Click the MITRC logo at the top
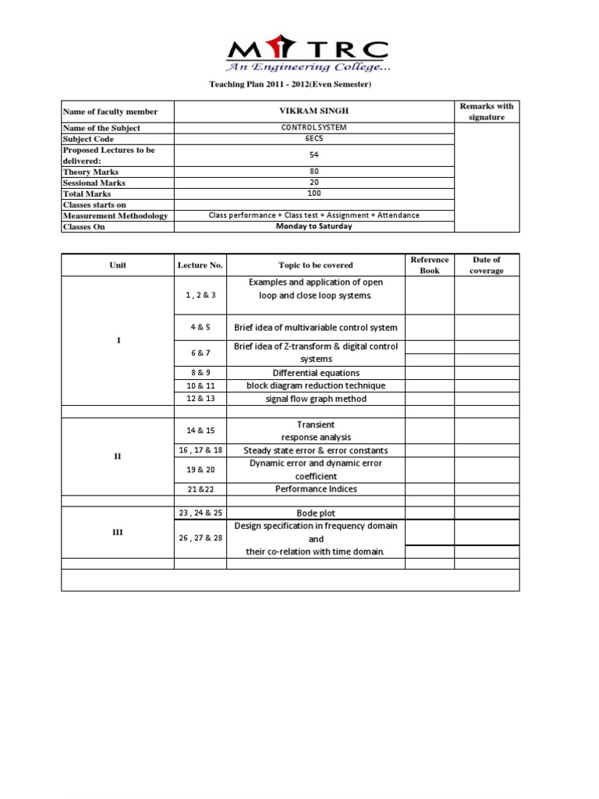click(x=307, y=54)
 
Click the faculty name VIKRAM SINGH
click(x=314, y=112)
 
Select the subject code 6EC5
click(x=314, y=138)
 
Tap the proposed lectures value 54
click(x=314, y=154)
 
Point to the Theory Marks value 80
click(x=314, y=171)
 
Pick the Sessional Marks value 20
click(x=314, y=182)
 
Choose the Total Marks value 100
click(x=314, y=193)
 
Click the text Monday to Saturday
click(x=314, y=226)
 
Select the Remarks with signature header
click(x=487, y=112)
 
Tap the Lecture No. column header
click(x=200, y=265)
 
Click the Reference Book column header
click(x=430, y=265)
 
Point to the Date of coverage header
click(x=487, y=265)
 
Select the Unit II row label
click(x=118, y=456)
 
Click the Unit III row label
click(x=118, y=532)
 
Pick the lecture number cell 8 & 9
click(x=200, y=372)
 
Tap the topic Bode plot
click(x=315, y=513)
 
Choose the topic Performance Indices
click(x=315, y=489)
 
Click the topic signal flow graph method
click(x=315, y=399)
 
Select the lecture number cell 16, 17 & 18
click(x=200, y=450)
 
